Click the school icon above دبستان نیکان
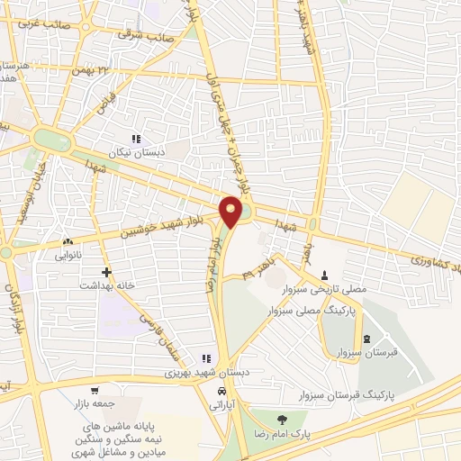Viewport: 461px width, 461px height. point(135,140)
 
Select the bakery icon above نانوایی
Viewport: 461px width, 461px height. point(68,242)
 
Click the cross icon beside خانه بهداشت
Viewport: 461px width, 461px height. point(107,271)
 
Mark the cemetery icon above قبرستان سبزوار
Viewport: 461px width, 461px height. point(366,339)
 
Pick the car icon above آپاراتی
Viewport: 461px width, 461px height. point(221,392)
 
